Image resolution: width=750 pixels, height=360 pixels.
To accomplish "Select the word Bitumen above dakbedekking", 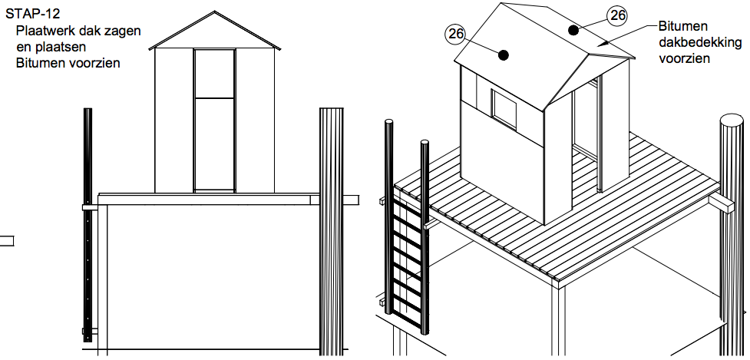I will pyautogui.click(x=681, y=25).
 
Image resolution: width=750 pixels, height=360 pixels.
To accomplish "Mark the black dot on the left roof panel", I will pyautogui.click(x=503, y=54).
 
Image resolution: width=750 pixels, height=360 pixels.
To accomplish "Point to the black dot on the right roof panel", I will pyautogui.click(x=573, y=30).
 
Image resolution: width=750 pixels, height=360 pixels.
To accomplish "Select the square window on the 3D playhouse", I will pyautogui.click(x=504, y=107).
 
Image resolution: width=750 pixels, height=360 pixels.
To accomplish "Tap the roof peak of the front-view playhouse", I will pyautogui.click(x=214, y=17).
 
